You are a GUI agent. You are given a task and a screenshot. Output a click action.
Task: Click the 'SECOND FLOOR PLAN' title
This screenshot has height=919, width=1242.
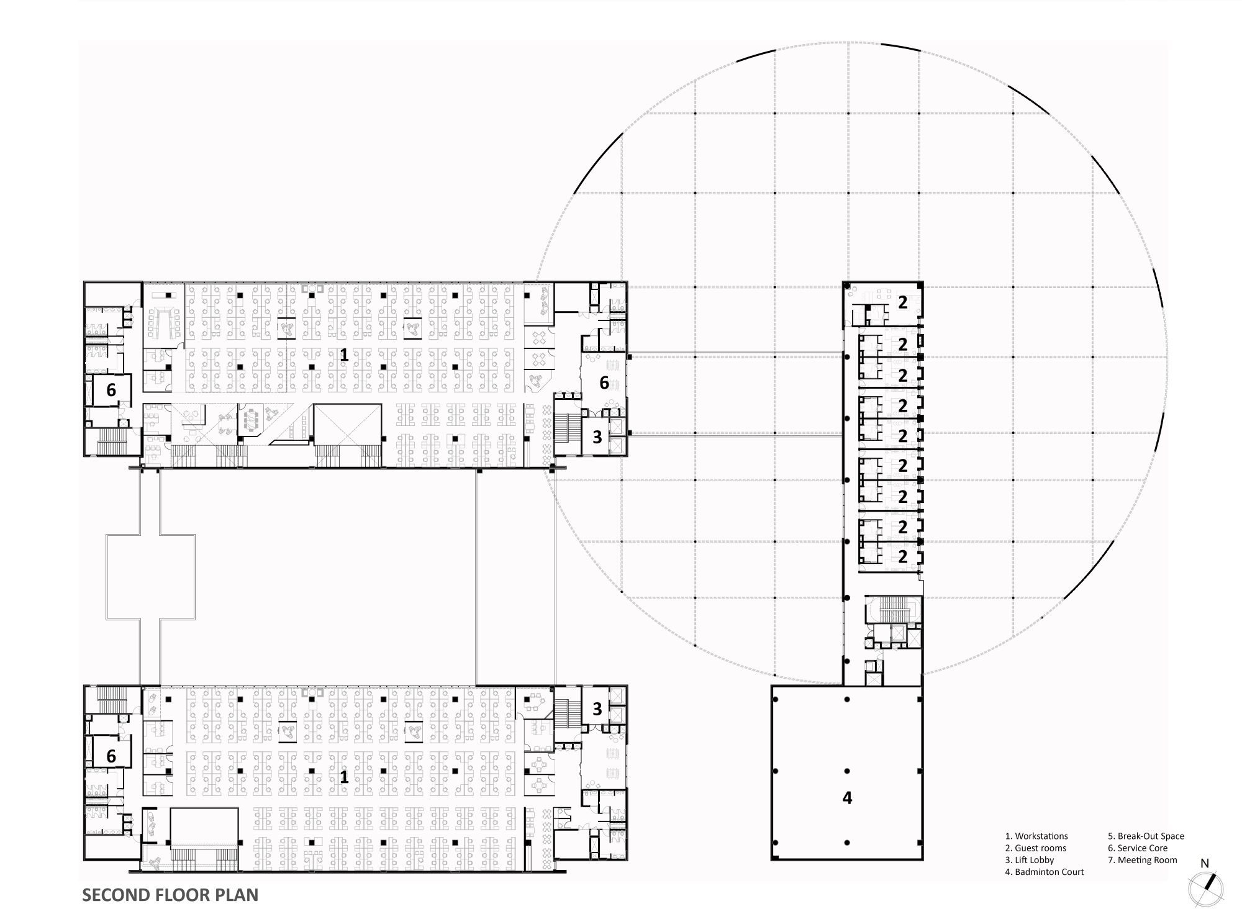point(170,895)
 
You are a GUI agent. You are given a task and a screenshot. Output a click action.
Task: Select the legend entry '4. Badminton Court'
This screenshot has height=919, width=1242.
point(1044,872)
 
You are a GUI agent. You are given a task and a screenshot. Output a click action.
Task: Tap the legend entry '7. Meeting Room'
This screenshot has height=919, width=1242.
point(1142,860)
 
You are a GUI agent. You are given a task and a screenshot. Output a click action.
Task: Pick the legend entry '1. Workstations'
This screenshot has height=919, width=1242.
point(1036,836)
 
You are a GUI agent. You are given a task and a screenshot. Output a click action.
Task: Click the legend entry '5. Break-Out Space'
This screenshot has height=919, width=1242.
point(1146,836)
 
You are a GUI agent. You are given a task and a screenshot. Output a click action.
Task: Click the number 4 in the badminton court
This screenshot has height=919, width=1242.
point(847,798)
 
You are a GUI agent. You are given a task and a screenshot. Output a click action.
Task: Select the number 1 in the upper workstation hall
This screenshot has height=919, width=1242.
point(343,355)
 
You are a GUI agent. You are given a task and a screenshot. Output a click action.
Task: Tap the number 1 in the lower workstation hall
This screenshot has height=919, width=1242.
point(343,776)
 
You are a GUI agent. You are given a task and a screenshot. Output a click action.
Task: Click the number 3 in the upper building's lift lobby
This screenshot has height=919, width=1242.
point(597,437)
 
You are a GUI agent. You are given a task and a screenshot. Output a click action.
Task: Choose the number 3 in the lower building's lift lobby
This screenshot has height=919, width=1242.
point(597,709)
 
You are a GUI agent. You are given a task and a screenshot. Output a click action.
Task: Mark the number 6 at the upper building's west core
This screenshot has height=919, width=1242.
point(111,390)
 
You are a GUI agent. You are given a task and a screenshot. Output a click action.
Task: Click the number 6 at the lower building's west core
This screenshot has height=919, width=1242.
point(111,756)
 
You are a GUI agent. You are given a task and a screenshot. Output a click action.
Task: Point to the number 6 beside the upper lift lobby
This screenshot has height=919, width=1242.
point(604,383)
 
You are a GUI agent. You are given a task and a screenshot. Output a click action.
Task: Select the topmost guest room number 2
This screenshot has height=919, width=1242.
point(902,302)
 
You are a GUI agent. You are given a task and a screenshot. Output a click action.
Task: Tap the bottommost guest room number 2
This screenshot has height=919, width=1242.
point(902,557)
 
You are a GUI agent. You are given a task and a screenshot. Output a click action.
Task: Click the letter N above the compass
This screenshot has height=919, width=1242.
point(1205,863)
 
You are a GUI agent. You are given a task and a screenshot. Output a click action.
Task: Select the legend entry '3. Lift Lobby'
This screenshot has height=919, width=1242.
point(1030,860)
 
